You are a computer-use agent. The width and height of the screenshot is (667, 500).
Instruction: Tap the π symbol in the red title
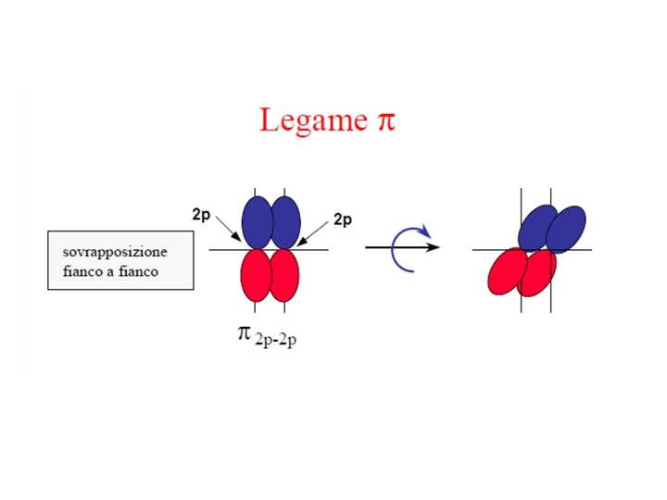pyautogui.click(x=384, y=122)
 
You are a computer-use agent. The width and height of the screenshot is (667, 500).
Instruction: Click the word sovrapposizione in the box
pyautogui.click(x=115, y=252)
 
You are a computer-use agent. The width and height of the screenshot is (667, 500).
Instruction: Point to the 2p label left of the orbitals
pyautogui.click(x=202, y=214)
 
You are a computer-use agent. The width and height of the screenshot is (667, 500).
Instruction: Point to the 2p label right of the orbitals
pyautogui.click(x=343, y=219)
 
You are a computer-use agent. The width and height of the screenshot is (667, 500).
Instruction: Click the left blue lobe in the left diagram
pyautogui.click(x=258, y=222)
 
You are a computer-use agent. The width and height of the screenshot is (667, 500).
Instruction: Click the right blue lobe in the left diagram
pyautogui.click(x=286, y=222)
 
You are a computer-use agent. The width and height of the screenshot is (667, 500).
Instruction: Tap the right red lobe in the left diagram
pyautogui.click(x=284, y=276)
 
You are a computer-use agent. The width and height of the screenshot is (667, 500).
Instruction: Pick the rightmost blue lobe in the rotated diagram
pyautogui.click(x=566, y=230)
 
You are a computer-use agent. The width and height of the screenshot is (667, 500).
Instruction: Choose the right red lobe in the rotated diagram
pyautogui.click(x=536, y=272)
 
